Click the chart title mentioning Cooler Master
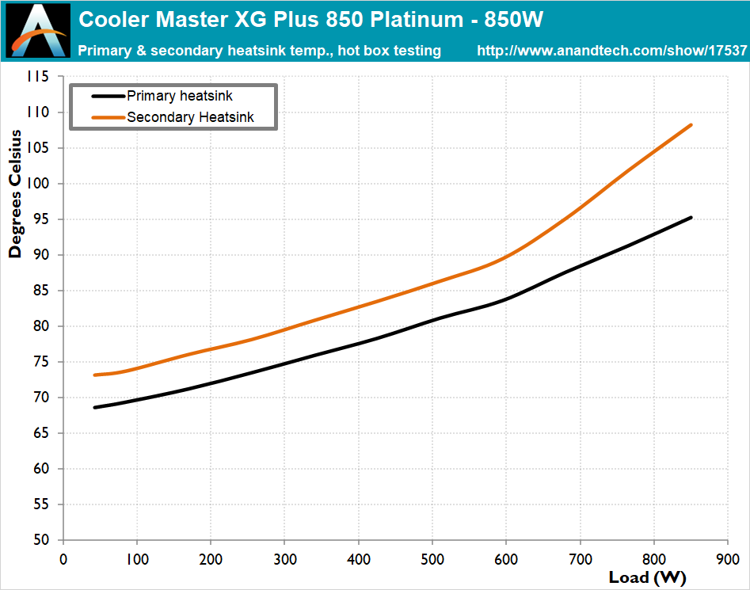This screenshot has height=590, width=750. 312,18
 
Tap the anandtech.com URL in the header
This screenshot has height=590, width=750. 611,51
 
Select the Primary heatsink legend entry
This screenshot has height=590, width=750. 179,96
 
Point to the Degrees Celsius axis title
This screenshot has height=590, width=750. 15,205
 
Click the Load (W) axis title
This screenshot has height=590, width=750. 648,577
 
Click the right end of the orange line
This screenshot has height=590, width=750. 691,125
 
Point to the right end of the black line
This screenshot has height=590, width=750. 691,217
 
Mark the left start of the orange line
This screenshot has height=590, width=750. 94,375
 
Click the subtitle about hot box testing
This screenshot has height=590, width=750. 259,51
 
